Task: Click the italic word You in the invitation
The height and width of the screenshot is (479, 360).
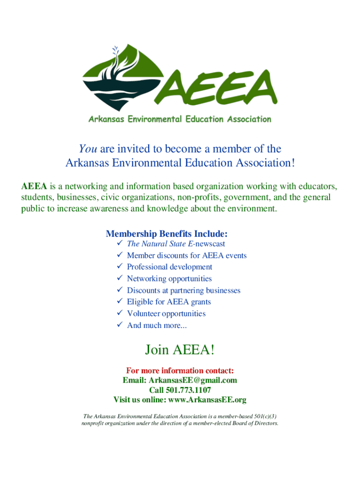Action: [x=87, y=149]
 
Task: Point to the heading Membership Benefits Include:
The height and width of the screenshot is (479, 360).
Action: [x=167, y=233]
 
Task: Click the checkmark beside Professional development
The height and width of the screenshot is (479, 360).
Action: [x=119, y=267]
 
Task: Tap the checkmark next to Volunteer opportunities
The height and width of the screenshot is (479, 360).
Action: [x=119, y=313]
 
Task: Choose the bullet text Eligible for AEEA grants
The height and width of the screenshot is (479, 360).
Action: [x=169, y=302]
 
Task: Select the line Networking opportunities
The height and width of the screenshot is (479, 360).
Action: [x=169, y=279]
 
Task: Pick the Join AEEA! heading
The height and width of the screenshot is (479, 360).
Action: [x=180, y=349]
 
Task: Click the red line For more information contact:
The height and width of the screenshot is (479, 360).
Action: [x=180, y=371]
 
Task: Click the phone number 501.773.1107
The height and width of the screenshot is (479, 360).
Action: [x=193, y=390]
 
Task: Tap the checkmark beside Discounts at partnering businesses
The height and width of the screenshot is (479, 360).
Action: [x=119, y=290]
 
